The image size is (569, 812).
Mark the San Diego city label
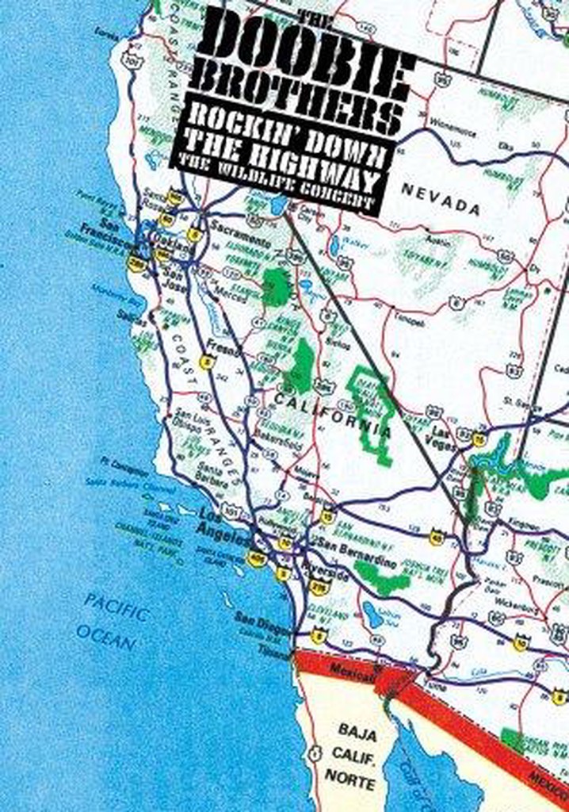coord(258,620)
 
